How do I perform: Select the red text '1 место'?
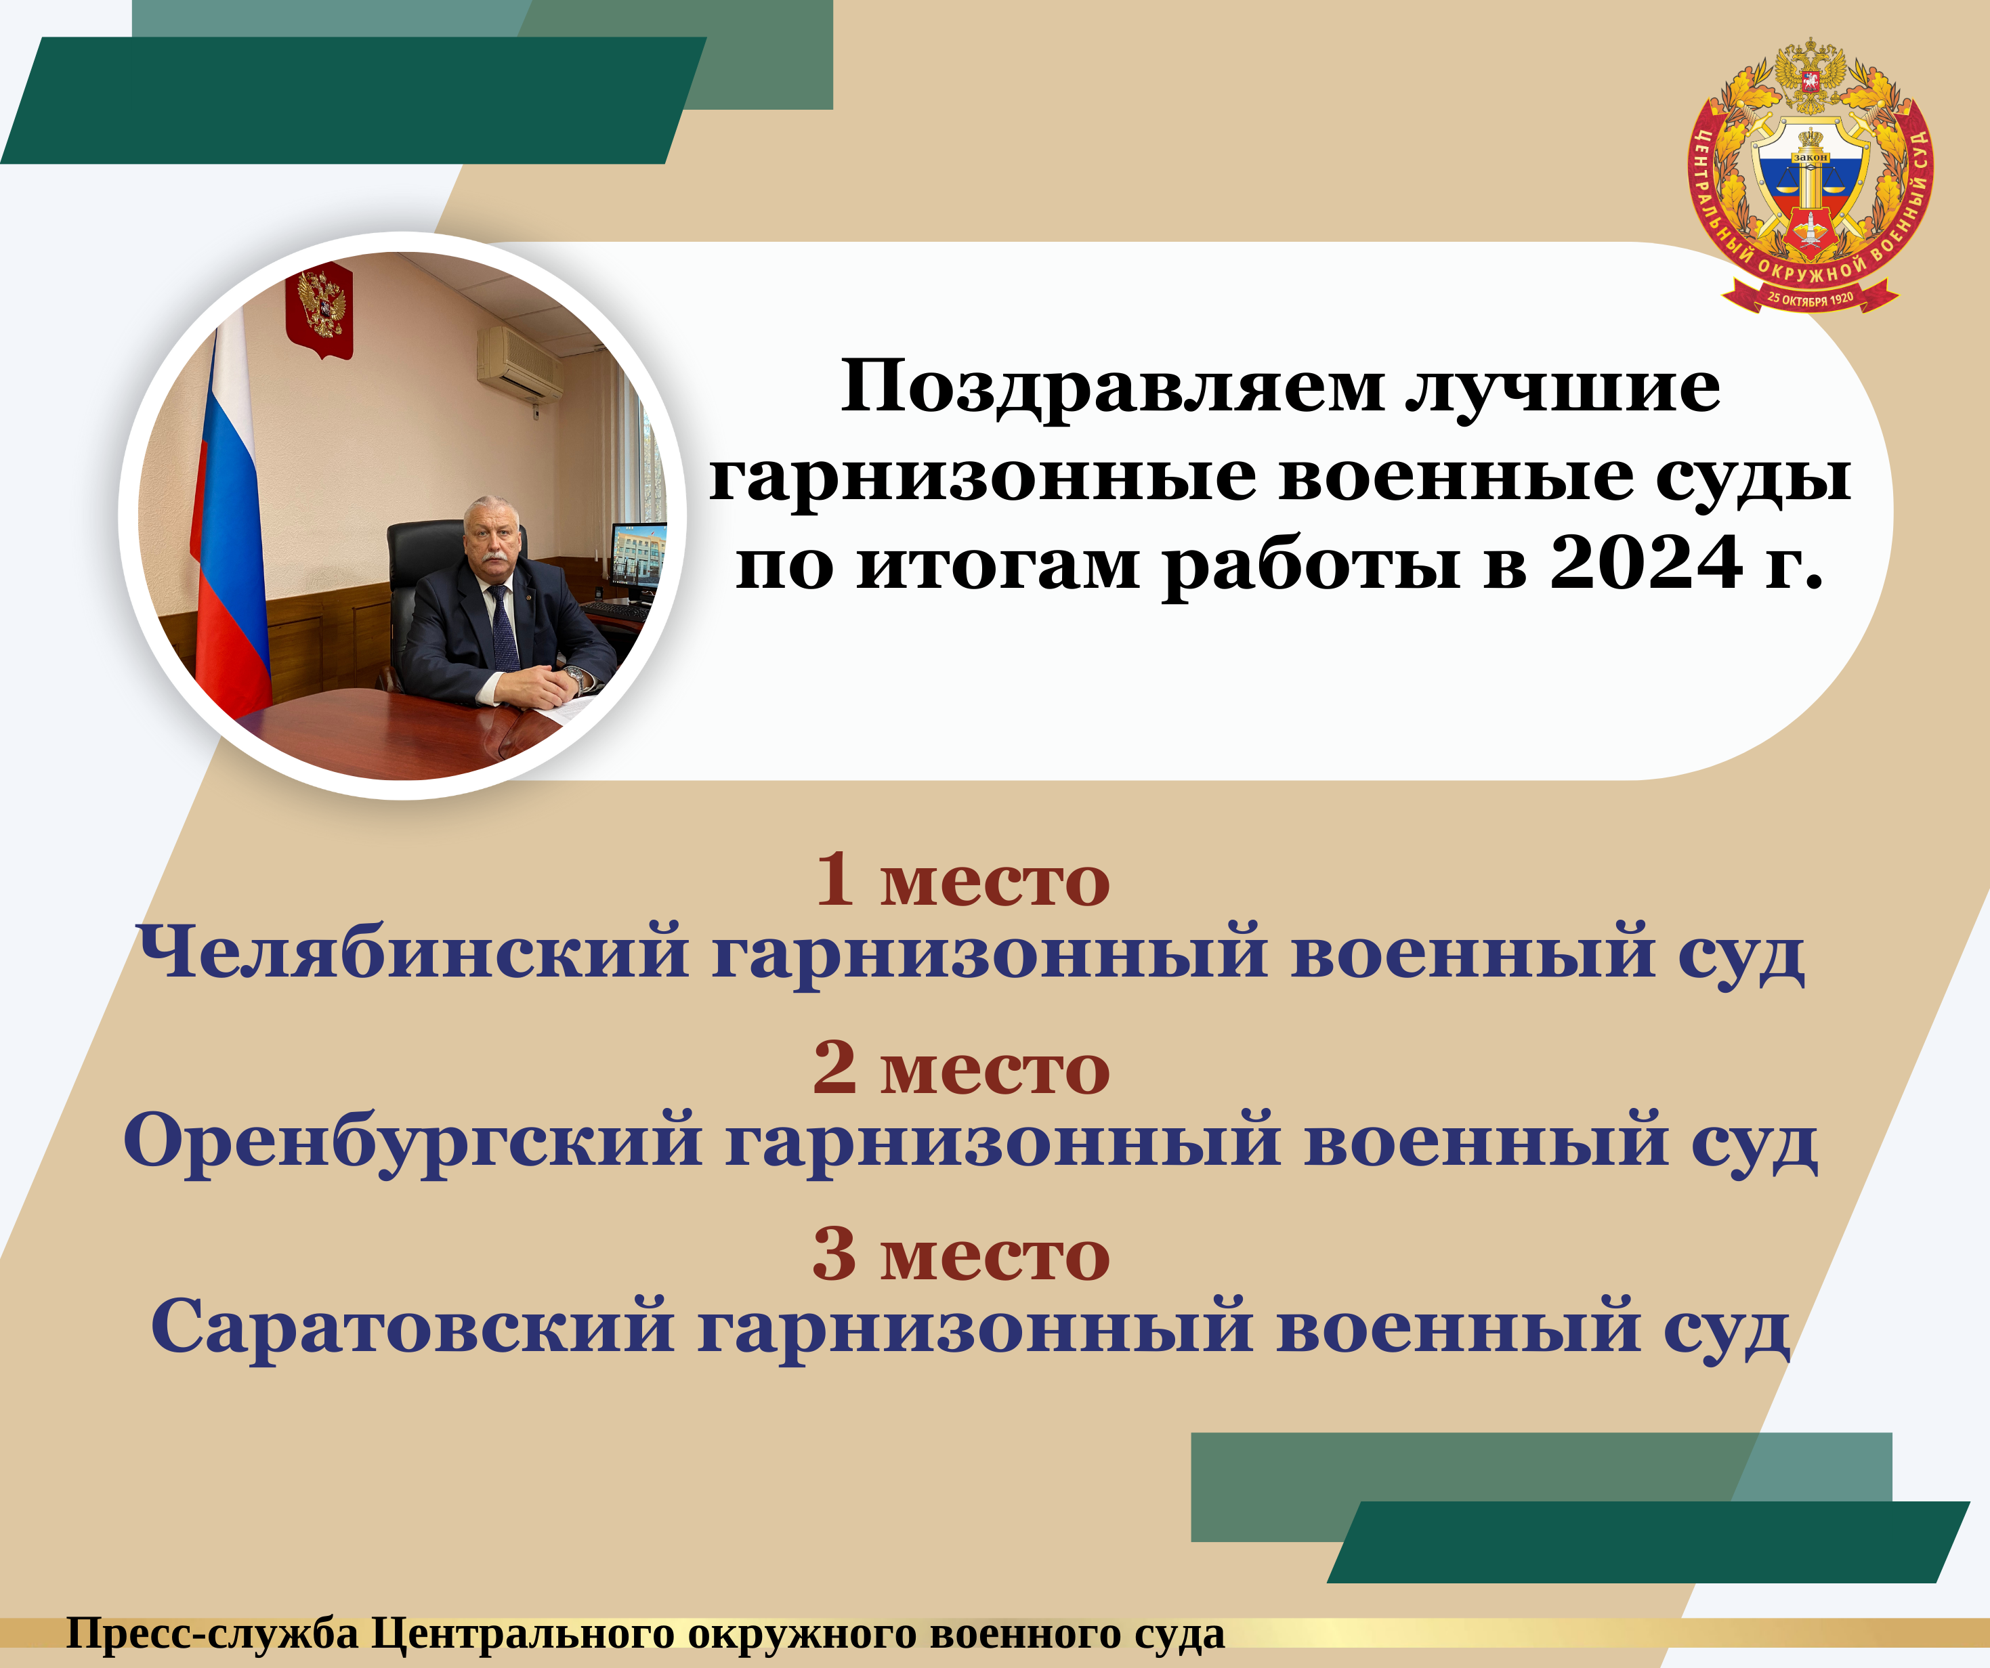click(x=962, y=880)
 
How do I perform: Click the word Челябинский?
click(x=413, y=951)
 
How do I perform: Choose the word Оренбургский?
click(x=413, y=1142)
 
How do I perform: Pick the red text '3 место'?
click(x=961, y=1255)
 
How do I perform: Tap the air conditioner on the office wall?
click(x=520, y=364)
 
